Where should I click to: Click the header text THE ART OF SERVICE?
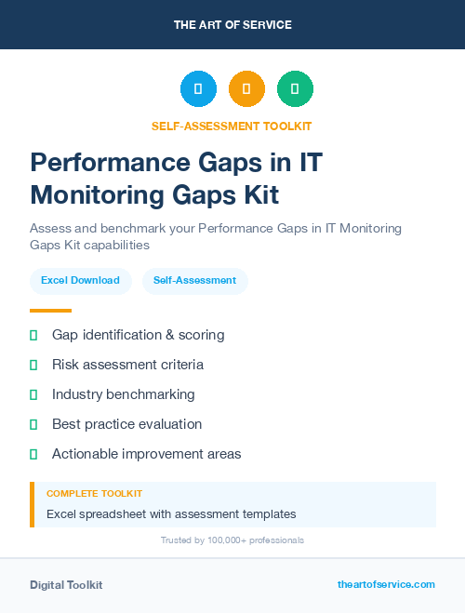(x=232, y=25)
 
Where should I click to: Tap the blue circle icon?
(x=198, y=89)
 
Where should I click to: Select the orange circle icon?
(x=246, y=89)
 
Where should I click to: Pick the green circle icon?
(x=295, y=89)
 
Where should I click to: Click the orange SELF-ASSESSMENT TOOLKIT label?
(x=232, y=126)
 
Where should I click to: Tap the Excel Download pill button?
(x=80, y=280)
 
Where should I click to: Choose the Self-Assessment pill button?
(x=194, y=280)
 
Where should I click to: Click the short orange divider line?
(x=50, y=311)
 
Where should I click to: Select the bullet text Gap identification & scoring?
(x=138, y=335)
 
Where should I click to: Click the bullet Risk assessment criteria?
(x=127, y=365)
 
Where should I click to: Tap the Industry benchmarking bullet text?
(x=123, y=394)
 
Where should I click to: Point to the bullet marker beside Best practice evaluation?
(x=33, y=424)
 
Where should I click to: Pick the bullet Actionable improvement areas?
(x=146, y=454)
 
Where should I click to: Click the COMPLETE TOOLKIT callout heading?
(x=94, y=493)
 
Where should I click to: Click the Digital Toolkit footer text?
(x=66, y=585)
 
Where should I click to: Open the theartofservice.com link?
(x=386, y=584)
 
